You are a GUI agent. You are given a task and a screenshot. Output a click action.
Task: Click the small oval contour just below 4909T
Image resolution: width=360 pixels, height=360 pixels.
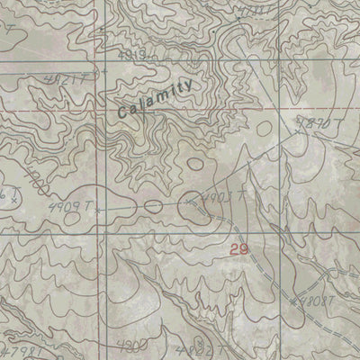(x=151, y=207)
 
